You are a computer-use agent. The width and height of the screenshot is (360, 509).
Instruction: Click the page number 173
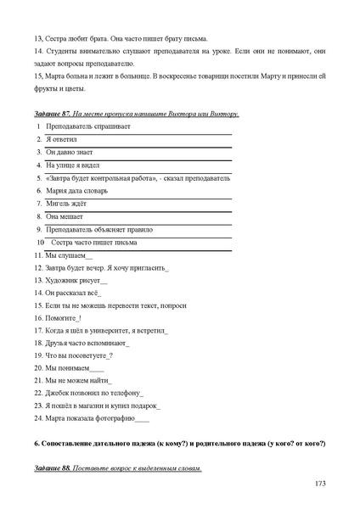pos(320,484)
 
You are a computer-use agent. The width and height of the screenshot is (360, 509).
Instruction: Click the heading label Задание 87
pos(52,113)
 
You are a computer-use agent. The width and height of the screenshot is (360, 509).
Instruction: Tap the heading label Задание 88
pos(52,469)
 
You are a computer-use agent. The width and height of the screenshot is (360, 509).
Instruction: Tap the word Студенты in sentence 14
pos(61,51)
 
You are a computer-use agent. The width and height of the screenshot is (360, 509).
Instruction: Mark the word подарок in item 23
pos(141,406)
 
